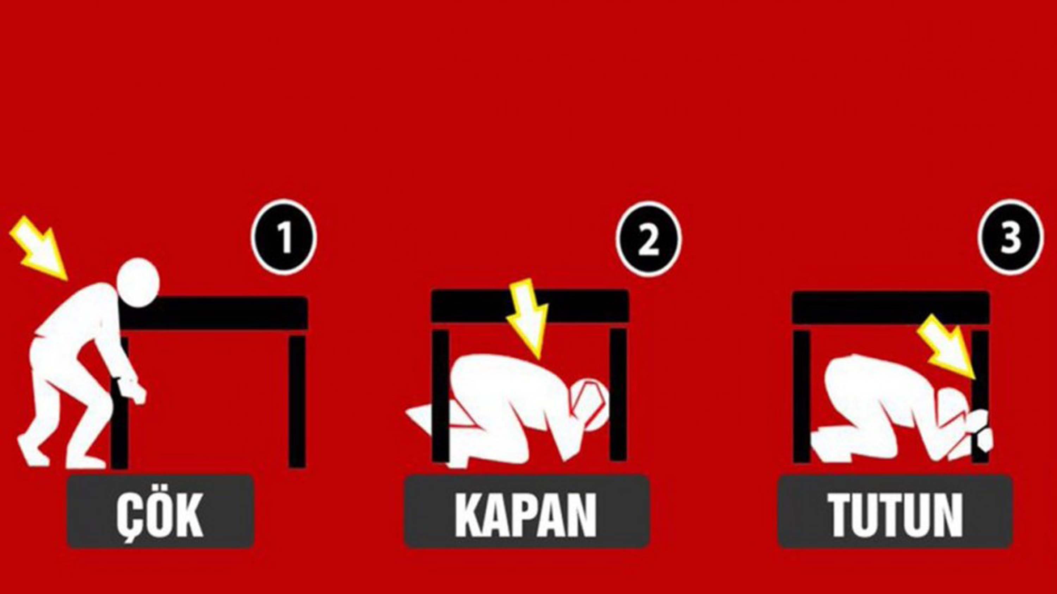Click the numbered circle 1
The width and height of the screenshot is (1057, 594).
click(284, 238)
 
